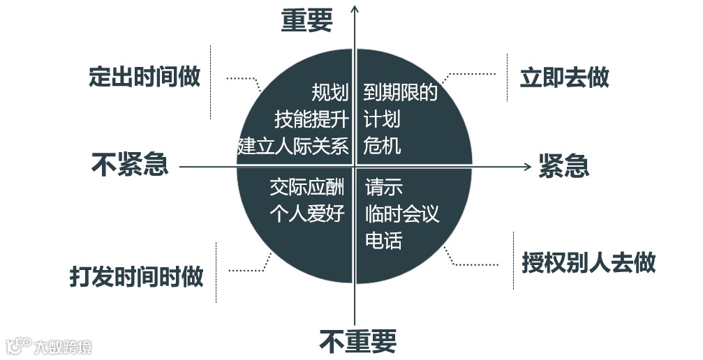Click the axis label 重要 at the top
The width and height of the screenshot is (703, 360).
pyautogui.click(x=307, y=21)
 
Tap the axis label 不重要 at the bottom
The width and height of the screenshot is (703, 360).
pyautogui.click(x=357, y=341)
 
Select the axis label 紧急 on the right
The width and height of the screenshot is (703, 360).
pyautogui.click(x=563, y=166)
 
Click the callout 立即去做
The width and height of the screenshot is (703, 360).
pyautogui.click(x=564, y=77)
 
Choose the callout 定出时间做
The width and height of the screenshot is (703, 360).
pyautogui.click(x=145, y=76)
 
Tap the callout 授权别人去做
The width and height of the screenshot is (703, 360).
pyautogui.click(x=589, y=262)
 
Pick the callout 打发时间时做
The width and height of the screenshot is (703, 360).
pyautogui.click(x=137, y=276)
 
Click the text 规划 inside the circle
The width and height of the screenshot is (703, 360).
pyautogui.click(x=330, y=93)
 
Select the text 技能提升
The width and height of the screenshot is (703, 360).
pyautogui.click(x=311, y=119)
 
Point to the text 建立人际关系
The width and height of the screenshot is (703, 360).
pyautogui.click(x=293, y=147)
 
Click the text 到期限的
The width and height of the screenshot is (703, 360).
pyautogui.click(x=400, y=93)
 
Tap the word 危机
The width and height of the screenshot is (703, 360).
pyautogui.click(x=382, y=146)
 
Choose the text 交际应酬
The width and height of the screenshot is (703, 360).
pyautogui.click(x=307, y=187)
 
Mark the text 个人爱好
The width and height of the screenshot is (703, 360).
pyautogui.click(x=307, y=213)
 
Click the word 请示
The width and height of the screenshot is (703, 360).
pyautogui.click(x=384, y=187)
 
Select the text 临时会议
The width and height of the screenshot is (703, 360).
pyautogui.click(x=402, y=213)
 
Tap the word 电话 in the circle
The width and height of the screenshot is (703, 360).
pyautogui.click(x=384, y=241)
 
